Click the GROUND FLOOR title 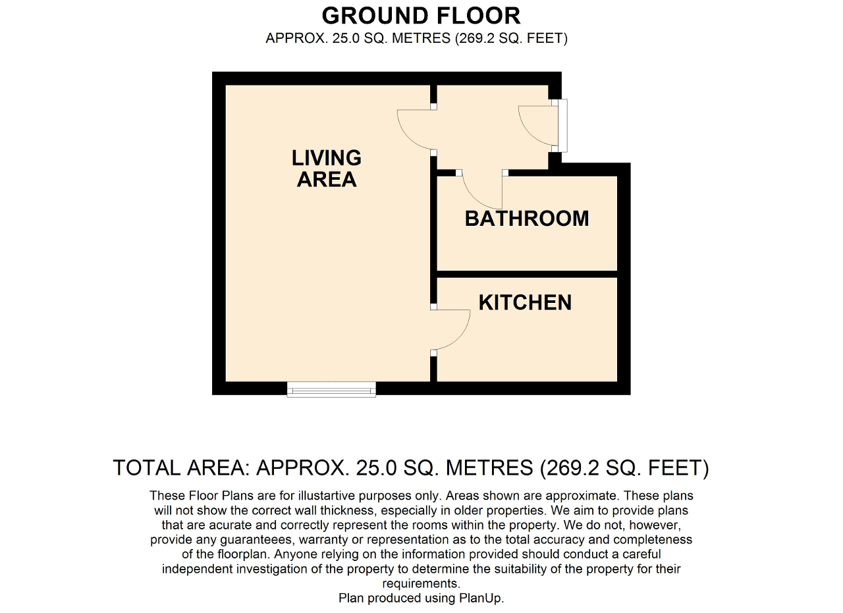pos(421,16)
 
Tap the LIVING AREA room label pos(326,168)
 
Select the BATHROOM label pos(526,219)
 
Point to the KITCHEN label pos(525,302)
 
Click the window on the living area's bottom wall pos(331,389)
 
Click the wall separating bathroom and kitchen pos(527,274)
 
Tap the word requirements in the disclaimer pos(421,583)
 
